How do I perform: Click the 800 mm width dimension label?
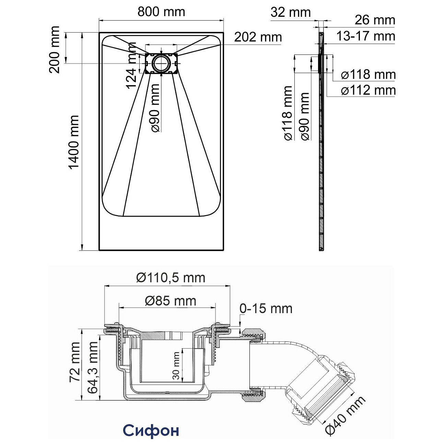point(161,12)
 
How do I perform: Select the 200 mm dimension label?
point(55,49)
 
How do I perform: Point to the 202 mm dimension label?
point(258,37)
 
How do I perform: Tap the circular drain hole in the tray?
point(161,64)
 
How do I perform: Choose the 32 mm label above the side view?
point(291,13)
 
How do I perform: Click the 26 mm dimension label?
point(375,20)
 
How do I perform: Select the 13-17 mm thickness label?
point(365,36)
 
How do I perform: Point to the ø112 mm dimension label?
point(368,91)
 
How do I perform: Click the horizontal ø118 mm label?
point(368,74)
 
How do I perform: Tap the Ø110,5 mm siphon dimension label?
point(171,277)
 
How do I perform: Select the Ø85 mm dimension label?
point(171,301)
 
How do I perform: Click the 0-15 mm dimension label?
point(266,308)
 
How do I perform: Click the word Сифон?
point(151,430)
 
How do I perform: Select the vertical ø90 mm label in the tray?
point(155,108)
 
